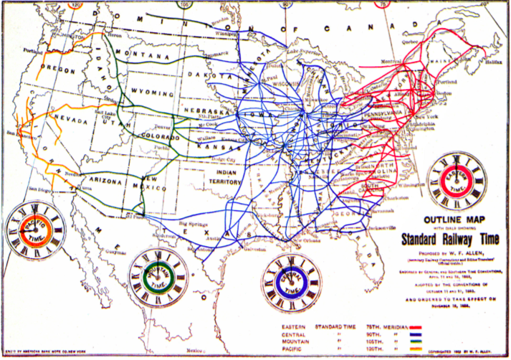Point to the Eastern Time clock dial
click(x=457, y=179)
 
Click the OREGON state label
click(x=54, y=69)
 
